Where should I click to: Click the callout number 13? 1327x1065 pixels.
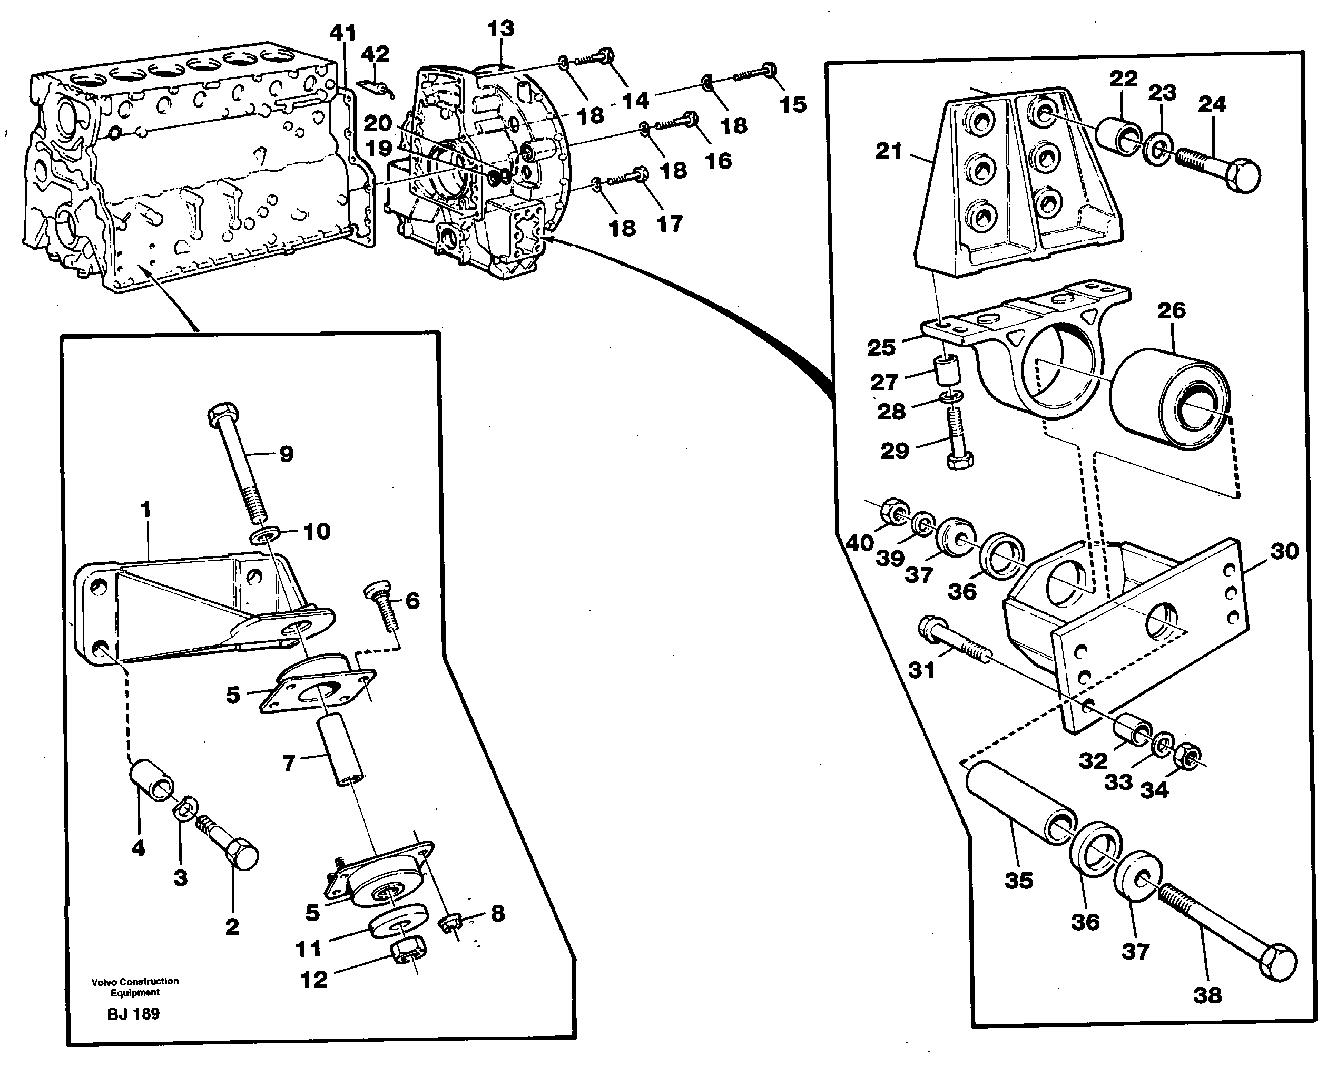tap(500, 29)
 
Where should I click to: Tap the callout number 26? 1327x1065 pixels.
tap(1171, 310)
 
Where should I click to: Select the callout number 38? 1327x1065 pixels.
tap(1207, 995)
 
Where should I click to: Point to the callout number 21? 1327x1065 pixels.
tap(889, 151)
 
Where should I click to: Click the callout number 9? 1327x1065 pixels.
tap(286, 454)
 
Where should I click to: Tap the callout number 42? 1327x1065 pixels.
tap(375, 54)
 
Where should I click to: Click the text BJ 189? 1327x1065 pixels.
tap(134, 1014)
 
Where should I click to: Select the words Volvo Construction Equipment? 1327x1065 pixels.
tap(135, 987)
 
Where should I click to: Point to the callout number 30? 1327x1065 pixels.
tap(1284, 551)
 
